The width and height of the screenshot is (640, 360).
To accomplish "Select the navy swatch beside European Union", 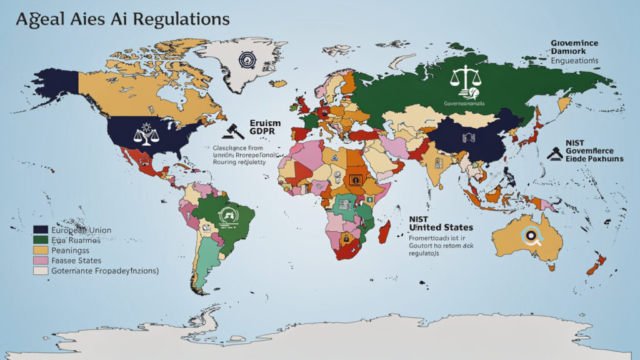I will [x=41, y=230].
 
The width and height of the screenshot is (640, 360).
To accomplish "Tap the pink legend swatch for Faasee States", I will [x=41, y=260].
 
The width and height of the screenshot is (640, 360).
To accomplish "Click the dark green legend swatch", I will [x=41, y=240].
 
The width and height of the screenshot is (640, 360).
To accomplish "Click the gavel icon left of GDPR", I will [x=232, y=129].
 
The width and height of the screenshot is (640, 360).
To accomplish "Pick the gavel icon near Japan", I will [x=554, y=152].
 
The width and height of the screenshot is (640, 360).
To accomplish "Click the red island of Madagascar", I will [x=384, y=231].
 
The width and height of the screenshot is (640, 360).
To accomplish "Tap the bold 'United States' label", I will [x=441, y=227].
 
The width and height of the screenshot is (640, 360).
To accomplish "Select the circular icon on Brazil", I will [x=226, y=216].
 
